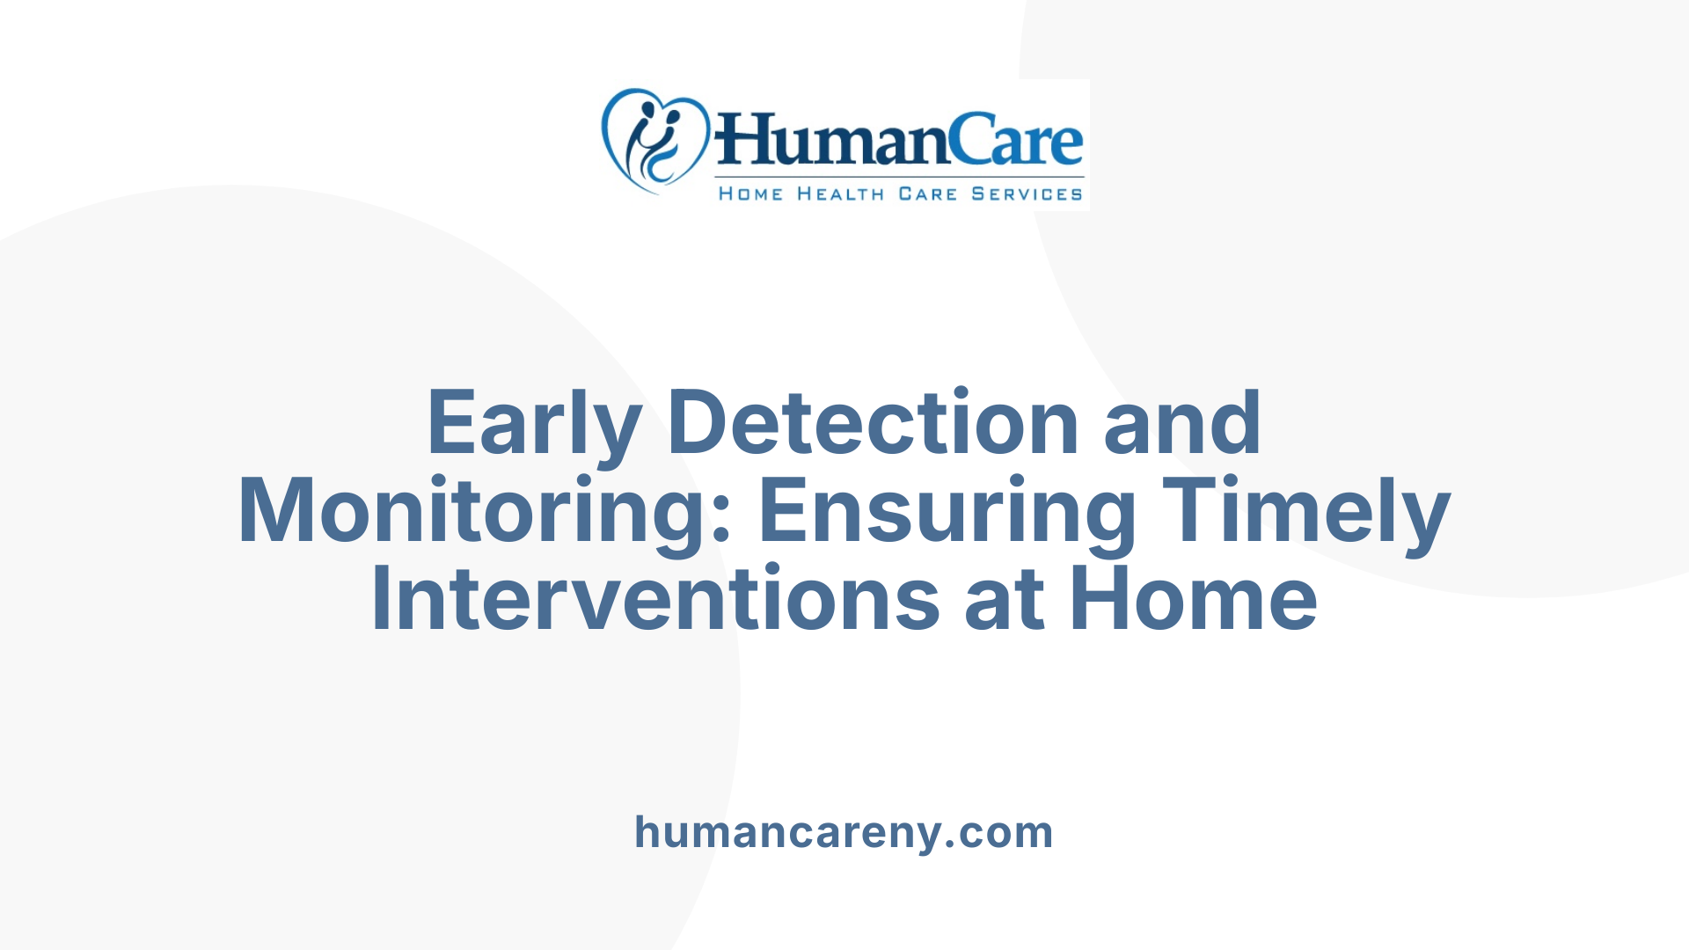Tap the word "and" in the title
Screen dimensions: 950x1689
click(1182, 424)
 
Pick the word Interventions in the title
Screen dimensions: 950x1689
click(655, 600)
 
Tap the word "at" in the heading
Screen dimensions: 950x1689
click(1005, 600)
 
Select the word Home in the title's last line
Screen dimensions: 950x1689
click(1194, 600)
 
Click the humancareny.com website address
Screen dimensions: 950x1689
click(844, 832)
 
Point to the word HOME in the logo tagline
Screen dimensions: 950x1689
click(750, 194)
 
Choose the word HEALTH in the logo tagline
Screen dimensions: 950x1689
click(840, 194)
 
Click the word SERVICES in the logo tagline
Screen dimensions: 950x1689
click(1027, 194)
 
